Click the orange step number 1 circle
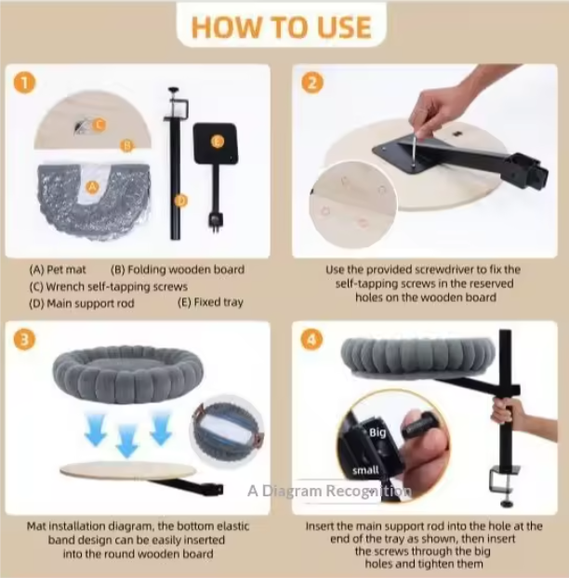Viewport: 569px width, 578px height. [x=25, y=83]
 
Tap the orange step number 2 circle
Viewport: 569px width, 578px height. [x=312, y=83]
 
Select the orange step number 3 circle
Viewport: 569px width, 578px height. [x=25, y=339]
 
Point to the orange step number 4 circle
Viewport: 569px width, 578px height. [x=312, y=339]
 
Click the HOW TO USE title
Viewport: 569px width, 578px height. [x=282, y=27]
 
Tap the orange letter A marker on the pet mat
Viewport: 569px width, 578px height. [x=92, y=188]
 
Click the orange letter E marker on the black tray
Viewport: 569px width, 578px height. [x=218, y=141]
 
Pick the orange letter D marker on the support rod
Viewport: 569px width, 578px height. [x=180, y=201]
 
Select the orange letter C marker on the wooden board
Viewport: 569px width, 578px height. [x=99, y=125]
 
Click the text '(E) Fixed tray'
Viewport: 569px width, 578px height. [x=210, y=303]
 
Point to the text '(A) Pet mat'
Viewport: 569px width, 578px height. [x=58, y=269]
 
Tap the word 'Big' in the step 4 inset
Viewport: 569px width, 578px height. [x=377, y=432]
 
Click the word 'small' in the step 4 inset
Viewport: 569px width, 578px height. [x=365, y=470]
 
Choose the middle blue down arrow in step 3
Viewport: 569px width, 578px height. [x=126, y=440]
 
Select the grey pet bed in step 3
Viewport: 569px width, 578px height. [x=128, y=374]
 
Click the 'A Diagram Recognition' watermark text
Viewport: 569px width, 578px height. [x=329, y=491]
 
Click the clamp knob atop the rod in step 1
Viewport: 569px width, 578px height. [x=173, y=89]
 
